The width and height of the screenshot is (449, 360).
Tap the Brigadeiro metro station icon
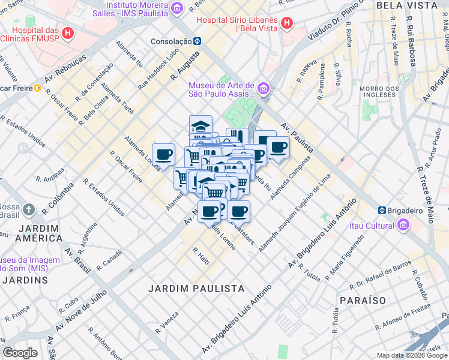382,211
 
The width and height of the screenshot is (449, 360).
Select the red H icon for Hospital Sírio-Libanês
287,23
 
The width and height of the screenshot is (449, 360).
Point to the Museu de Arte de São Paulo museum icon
265,89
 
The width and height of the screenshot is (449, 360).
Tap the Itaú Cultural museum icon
403,225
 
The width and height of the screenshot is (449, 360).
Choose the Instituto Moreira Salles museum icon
176,7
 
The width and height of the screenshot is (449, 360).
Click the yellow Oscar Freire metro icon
37,88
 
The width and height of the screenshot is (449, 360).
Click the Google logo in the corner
20,353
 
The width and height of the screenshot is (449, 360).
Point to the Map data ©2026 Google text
411,355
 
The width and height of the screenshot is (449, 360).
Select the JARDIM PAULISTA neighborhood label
196,289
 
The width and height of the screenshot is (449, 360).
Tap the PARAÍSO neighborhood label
362,299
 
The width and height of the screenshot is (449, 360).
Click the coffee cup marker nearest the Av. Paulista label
277,148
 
